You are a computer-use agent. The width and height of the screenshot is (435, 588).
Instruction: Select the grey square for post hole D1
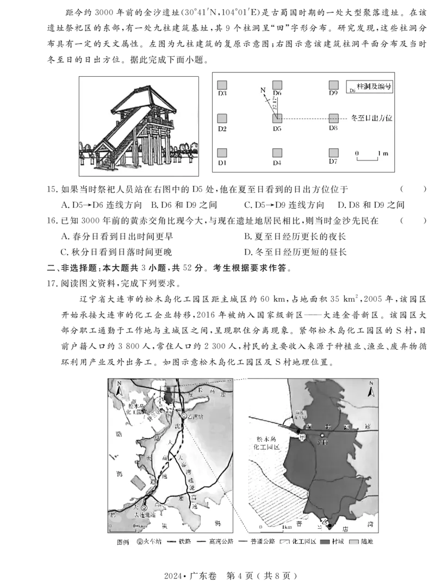point(222,153)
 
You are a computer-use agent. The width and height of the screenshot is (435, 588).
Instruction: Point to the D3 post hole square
point(222,85)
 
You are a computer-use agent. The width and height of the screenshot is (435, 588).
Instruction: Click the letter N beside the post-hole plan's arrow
point(263,89)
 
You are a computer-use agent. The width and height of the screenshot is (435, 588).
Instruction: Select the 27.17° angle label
point(276,104)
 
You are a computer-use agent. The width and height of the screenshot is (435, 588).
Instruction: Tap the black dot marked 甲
point(299,431)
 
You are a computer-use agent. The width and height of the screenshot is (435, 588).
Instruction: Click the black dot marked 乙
point(329,525)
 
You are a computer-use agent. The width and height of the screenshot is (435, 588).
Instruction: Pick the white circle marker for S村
point(322,435)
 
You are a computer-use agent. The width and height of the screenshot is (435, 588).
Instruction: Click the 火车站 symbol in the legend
point(139,542)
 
